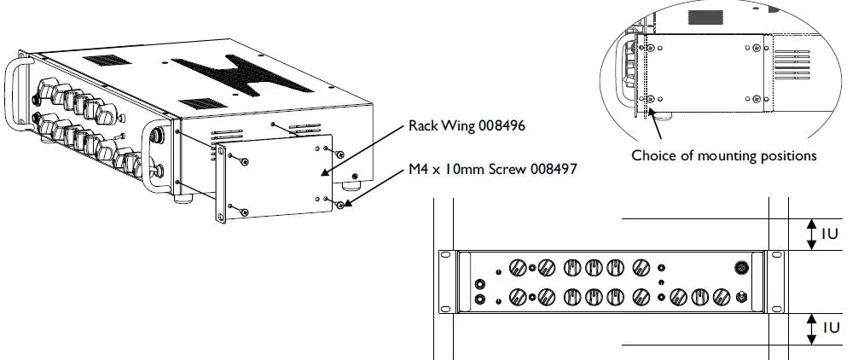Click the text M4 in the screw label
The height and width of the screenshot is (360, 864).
[x=414, y=169]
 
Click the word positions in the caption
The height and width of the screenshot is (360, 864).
[x=789, y=156]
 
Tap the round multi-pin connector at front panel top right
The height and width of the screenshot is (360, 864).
[x=742, y=267]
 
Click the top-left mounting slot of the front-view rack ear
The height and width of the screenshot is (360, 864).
[x=444, y=255]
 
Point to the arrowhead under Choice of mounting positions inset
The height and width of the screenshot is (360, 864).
[x=653, y=113]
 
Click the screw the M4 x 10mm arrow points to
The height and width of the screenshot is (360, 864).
[x=340, y=205]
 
